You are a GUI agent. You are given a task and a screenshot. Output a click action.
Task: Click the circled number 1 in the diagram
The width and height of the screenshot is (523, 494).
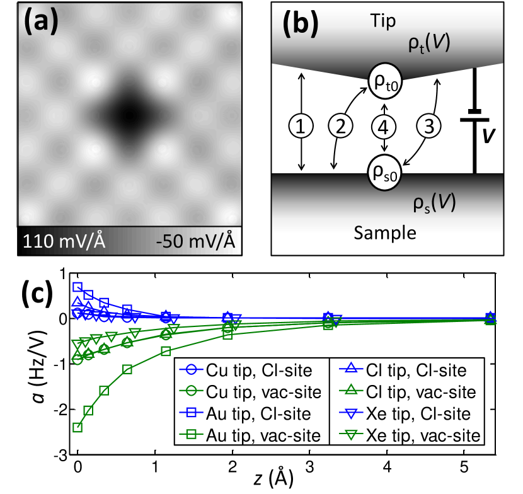pyautogui.click(x=301, y=127)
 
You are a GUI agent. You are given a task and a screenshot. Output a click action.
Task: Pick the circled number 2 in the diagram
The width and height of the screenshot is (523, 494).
pyautogui.click(x=341, y=127)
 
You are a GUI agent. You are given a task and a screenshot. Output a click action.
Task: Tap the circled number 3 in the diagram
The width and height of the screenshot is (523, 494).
pyautogui.click(x=428, y=127)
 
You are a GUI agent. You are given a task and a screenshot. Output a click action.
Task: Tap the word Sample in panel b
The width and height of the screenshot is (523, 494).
pyautogui.click(x=386, y=233)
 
